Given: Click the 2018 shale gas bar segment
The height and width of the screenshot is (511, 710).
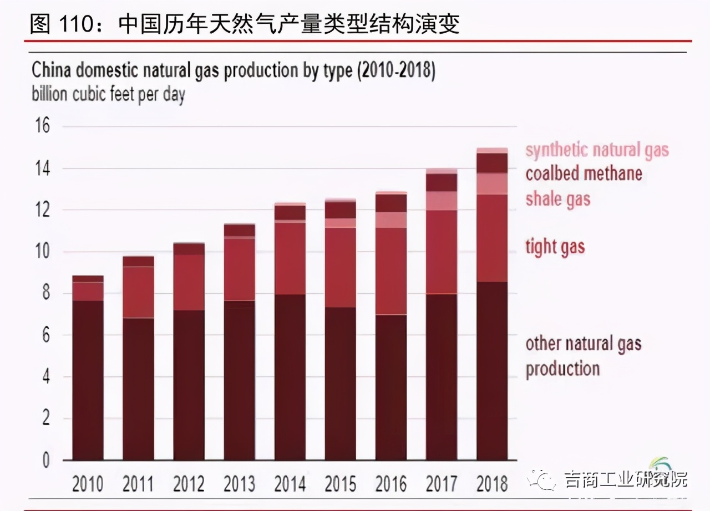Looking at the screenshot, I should click(x=492, y=183).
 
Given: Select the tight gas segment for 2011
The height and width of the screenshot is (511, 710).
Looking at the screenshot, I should click(x=138, y=292).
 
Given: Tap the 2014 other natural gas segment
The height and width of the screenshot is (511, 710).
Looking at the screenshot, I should click(x=290, y=377).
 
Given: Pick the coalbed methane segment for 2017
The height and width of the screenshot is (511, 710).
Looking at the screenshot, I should click(x=442, y=182).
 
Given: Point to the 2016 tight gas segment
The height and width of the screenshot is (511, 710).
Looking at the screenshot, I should click(x=391, y=271).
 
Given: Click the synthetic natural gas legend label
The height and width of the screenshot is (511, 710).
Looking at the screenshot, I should click(x=597, y=150).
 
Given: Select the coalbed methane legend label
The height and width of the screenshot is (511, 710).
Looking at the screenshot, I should click(x=584, y=173).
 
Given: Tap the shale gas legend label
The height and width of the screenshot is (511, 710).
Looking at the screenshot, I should click(x=557, y=199).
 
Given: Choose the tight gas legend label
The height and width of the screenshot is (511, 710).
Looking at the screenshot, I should click(x=555, y=247).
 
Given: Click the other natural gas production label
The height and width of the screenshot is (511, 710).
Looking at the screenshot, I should click(x=583, y=356).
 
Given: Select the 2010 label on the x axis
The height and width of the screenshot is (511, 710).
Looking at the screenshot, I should click(x=88, y=484).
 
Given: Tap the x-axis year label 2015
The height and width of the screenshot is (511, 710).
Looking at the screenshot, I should click(x=340, y=484).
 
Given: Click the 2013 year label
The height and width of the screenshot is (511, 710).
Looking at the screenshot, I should click(x=239, y=484).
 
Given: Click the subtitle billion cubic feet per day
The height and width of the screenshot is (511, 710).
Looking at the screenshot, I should click(x=108, y=94).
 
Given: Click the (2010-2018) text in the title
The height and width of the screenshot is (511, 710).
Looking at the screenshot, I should click(x=397, y=71).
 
